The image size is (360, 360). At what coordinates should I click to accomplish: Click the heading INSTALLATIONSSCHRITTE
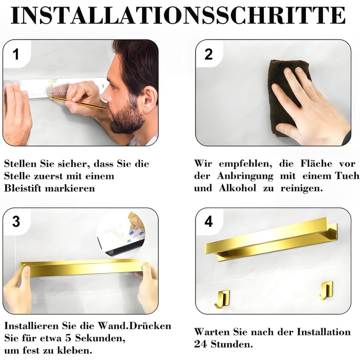pos(178,15)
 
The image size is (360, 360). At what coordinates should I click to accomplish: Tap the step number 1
pos(15,55)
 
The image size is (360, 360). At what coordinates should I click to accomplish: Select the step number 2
pos(208,55)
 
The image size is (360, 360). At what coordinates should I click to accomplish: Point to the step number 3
pos(16,222)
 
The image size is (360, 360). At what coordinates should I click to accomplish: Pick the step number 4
pos(208,222)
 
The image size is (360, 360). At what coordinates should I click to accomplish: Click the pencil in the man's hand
pos(79,103)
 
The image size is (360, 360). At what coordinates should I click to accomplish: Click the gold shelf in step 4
pos(271,240)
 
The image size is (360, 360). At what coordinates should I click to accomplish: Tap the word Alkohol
pos(238,188)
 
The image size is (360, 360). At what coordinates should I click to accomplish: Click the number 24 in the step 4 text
pos(200,344)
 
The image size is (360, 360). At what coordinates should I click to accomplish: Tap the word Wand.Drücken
pos(135,326)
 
